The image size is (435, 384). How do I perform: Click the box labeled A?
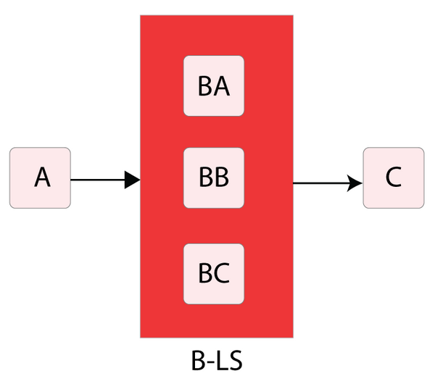pos(40,178)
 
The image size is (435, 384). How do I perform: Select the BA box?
pos(214,86)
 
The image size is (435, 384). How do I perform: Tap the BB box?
pos(214,178)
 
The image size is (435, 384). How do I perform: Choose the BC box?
pos(214,274)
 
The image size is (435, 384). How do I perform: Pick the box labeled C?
pos(394,178)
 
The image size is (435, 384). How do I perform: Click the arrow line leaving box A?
pos(105,180)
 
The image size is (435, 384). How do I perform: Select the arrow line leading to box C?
pos(328,183)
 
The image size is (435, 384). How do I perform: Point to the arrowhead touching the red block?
pos(133,180)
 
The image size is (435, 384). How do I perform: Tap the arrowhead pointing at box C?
pos(355,183)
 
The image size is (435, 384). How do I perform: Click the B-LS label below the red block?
pos(217,361)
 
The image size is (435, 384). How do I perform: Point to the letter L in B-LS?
pos(221,361)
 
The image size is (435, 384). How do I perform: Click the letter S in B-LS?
pos(235,361)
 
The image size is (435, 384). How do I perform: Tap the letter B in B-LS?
pos(198,361)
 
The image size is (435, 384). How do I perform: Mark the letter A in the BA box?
pos(221,86)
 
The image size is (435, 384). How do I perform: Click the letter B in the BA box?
pos(205,86)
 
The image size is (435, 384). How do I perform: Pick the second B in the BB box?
pos(222,178)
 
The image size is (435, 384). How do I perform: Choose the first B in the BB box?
pos(206,178)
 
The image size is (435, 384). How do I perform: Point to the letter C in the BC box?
pos(222,273)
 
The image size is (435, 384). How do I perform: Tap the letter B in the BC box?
pos(205,273)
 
